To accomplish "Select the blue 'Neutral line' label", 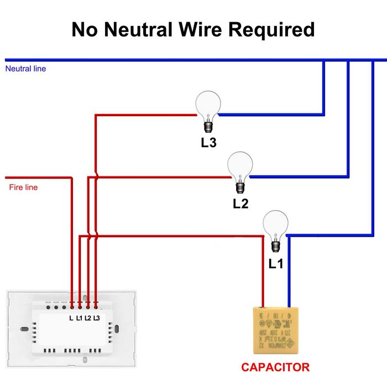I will coord(25,69).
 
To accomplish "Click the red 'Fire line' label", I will coord(23,187).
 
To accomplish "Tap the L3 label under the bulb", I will coord(208,143).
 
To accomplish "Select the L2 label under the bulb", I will coord(240,203).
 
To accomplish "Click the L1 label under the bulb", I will coord(275,264).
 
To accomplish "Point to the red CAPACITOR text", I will coord(275,367).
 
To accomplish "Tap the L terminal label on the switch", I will coord(71,317).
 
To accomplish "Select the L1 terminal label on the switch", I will coord(79,317).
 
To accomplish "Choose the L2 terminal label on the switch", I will coord(88,317).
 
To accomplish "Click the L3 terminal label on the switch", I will coord(97,317).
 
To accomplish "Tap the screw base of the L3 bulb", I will coord(208,126).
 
